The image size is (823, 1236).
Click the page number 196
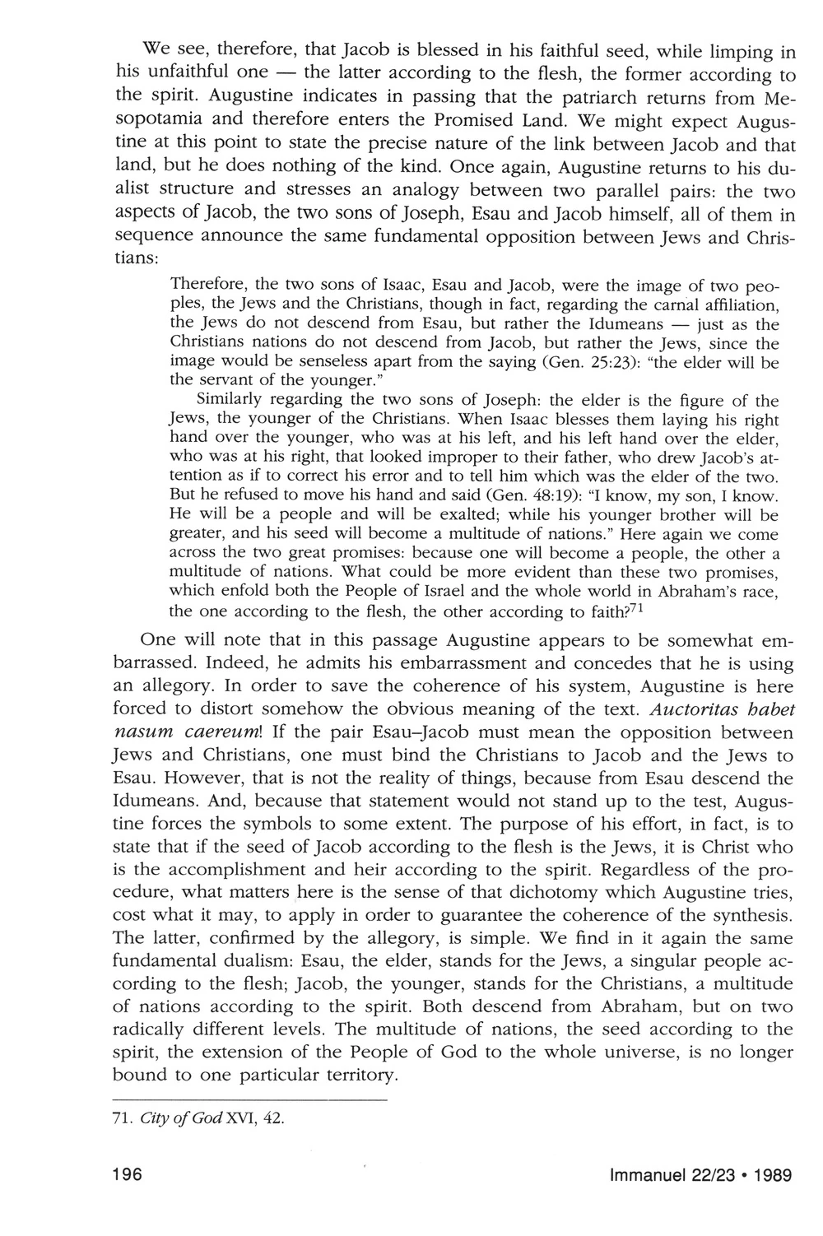(128, 1175)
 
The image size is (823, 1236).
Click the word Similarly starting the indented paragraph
(230, 401)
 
